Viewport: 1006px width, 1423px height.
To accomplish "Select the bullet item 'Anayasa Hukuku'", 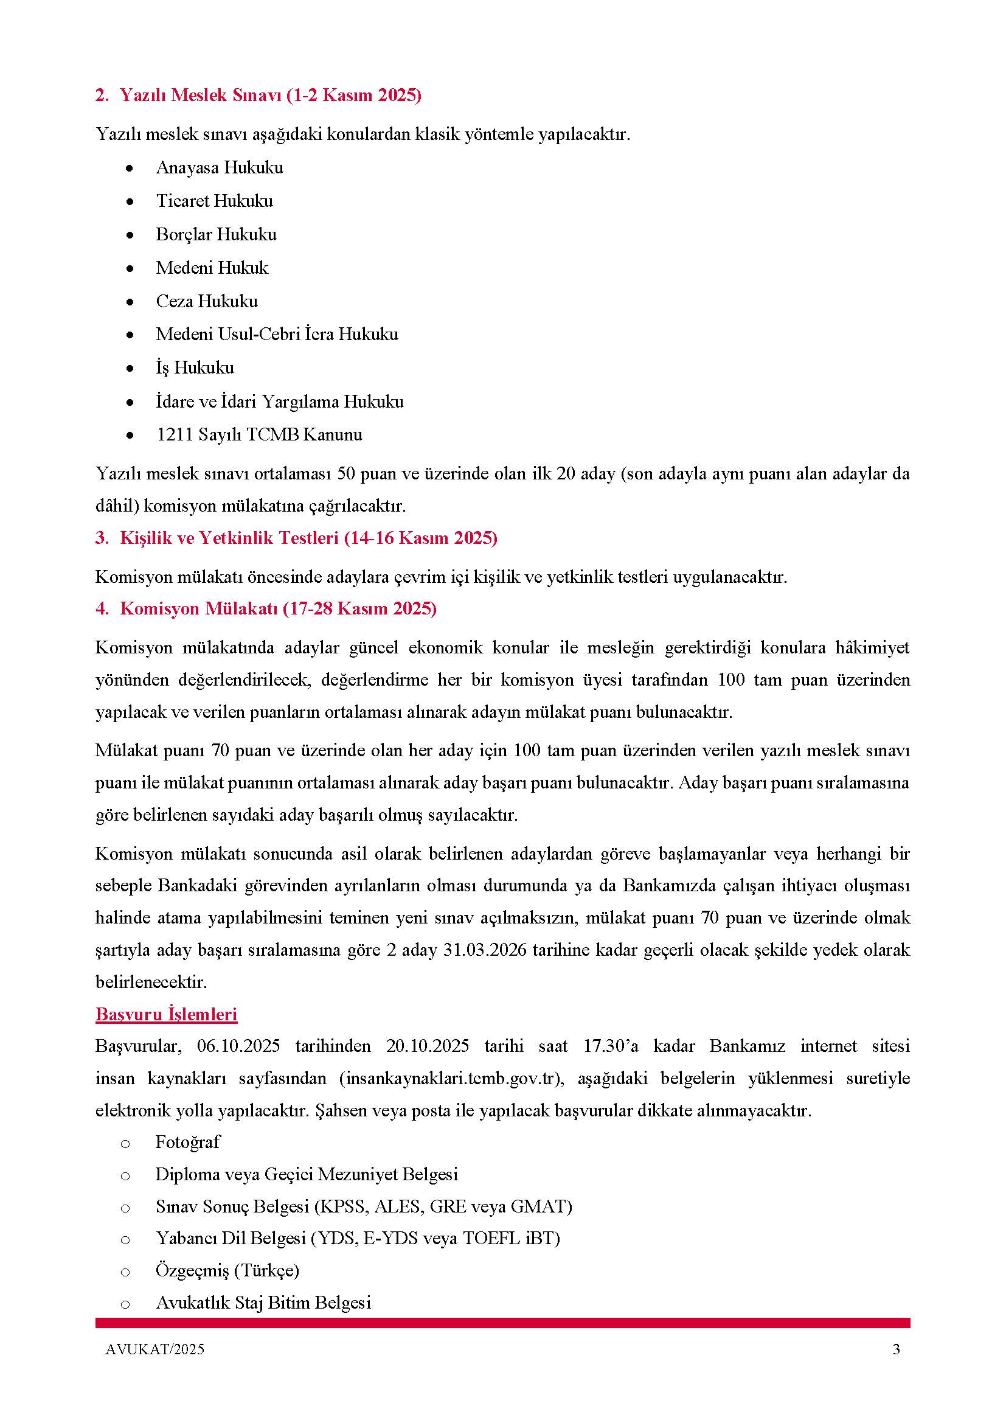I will (x=220, y=167).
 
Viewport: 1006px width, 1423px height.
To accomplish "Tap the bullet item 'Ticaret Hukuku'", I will (x=214, y=201).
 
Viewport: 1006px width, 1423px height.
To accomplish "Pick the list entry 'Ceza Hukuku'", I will (x=207, y=301).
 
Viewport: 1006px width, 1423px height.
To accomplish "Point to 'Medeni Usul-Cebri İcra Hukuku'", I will (x=277, y=334).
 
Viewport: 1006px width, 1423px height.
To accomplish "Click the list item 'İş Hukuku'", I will (x=195, y=367).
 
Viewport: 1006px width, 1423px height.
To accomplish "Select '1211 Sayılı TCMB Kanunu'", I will (x=259, y=434).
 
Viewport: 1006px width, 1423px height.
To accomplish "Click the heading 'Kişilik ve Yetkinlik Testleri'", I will (x=308, y=538).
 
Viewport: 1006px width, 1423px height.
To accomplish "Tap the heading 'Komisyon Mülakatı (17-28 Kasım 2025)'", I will (x=278, y=608).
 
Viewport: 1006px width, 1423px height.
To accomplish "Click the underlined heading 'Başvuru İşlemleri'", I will (x=167, y=1015).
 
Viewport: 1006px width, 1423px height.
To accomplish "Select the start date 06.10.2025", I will (x=238, y=1046).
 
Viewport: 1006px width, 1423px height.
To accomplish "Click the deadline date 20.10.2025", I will (x=428, y=1046).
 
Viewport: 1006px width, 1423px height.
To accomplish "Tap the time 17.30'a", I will (x=611, y=1046).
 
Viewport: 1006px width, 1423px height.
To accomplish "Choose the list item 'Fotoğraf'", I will (x=188, y=1143).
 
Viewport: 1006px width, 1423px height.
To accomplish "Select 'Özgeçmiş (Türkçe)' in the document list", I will (x=227, y=1270).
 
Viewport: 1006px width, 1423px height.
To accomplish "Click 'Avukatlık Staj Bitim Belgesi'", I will (x=263, y=1303).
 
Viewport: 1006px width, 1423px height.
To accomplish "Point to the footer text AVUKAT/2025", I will (x=155, y=1349).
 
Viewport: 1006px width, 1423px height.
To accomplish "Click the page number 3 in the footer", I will (x=896, y=1349).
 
